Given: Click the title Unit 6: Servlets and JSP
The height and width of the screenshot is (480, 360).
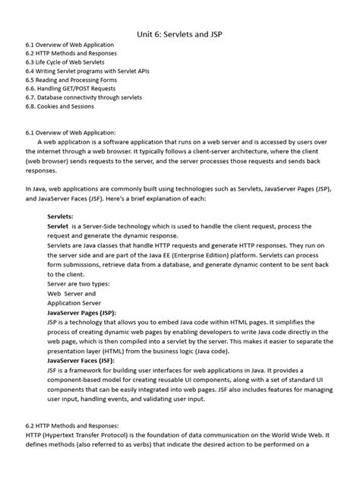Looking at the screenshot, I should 179,35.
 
